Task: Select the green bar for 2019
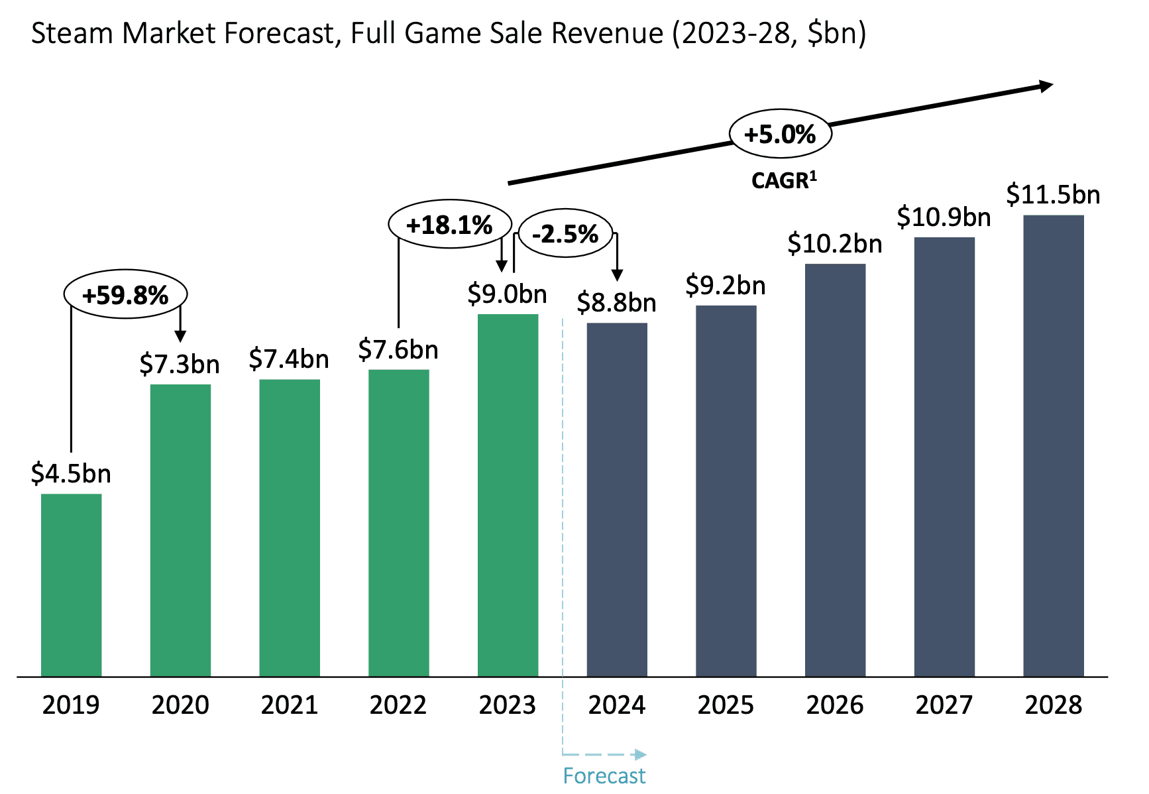(x=71, y=585)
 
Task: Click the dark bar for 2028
(x=1053, y=445)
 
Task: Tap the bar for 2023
(x=508, y=495)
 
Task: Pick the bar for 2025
(x=726, y=490)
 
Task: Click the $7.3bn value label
(x=180, y=365)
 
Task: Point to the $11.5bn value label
(x=1053, y=195)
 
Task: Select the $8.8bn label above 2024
(x=616, y=303)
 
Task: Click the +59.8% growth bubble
(x=125, y=294)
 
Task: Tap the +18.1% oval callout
(x=449, y=225)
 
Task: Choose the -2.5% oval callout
(x=565, y=233)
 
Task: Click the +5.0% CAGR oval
(x=780, y=134)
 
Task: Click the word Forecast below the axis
(x=604, y=775)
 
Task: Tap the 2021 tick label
(x=289, y=705)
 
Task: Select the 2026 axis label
(x=835, y=705)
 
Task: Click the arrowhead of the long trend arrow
(x=1046, y=86)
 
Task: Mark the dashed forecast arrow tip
(x=639, y=754)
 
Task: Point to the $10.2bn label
(x=835, y=244)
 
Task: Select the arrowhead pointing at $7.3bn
(x=180, y=336)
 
